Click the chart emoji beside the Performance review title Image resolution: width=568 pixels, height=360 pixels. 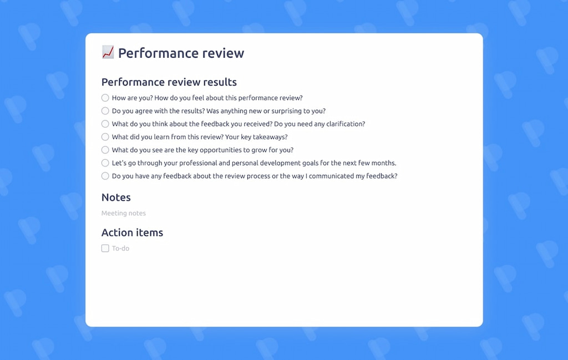[x=108, y=53]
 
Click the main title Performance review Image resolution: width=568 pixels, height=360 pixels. [x=181, y=53]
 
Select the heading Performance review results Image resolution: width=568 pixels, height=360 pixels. [x=169, y=82]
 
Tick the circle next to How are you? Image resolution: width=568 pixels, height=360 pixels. [x=105, y=98]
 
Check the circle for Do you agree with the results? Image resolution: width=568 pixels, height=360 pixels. [x=105, y=111]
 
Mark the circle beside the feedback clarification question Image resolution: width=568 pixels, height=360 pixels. [x=105, y=124]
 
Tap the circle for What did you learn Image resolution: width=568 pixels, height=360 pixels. [x=105, y=137]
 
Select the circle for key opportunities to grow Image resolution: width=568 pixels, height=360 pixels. [x=105, y=150]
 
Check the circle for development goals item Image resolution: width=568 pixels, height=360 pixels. [x=105, y=163]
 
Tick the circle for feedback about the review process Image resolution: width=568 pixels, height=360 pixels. [x=105, y=176]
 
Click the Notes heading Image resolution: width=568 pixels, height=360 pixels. [x=116, y=197]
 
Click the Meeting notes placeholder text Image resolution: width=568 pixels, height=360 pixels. [x=124, y=213]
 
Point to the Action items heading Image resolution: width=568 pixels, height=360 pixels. [x=132, y=233]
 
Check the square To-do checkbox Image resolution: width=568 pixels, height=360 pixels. [x=105, y=249]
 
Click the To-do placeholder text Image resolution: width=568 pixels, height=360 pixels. [x=120, y=249]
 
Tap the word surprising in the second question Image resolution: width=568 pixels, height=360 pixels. [x=288, y=111]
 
